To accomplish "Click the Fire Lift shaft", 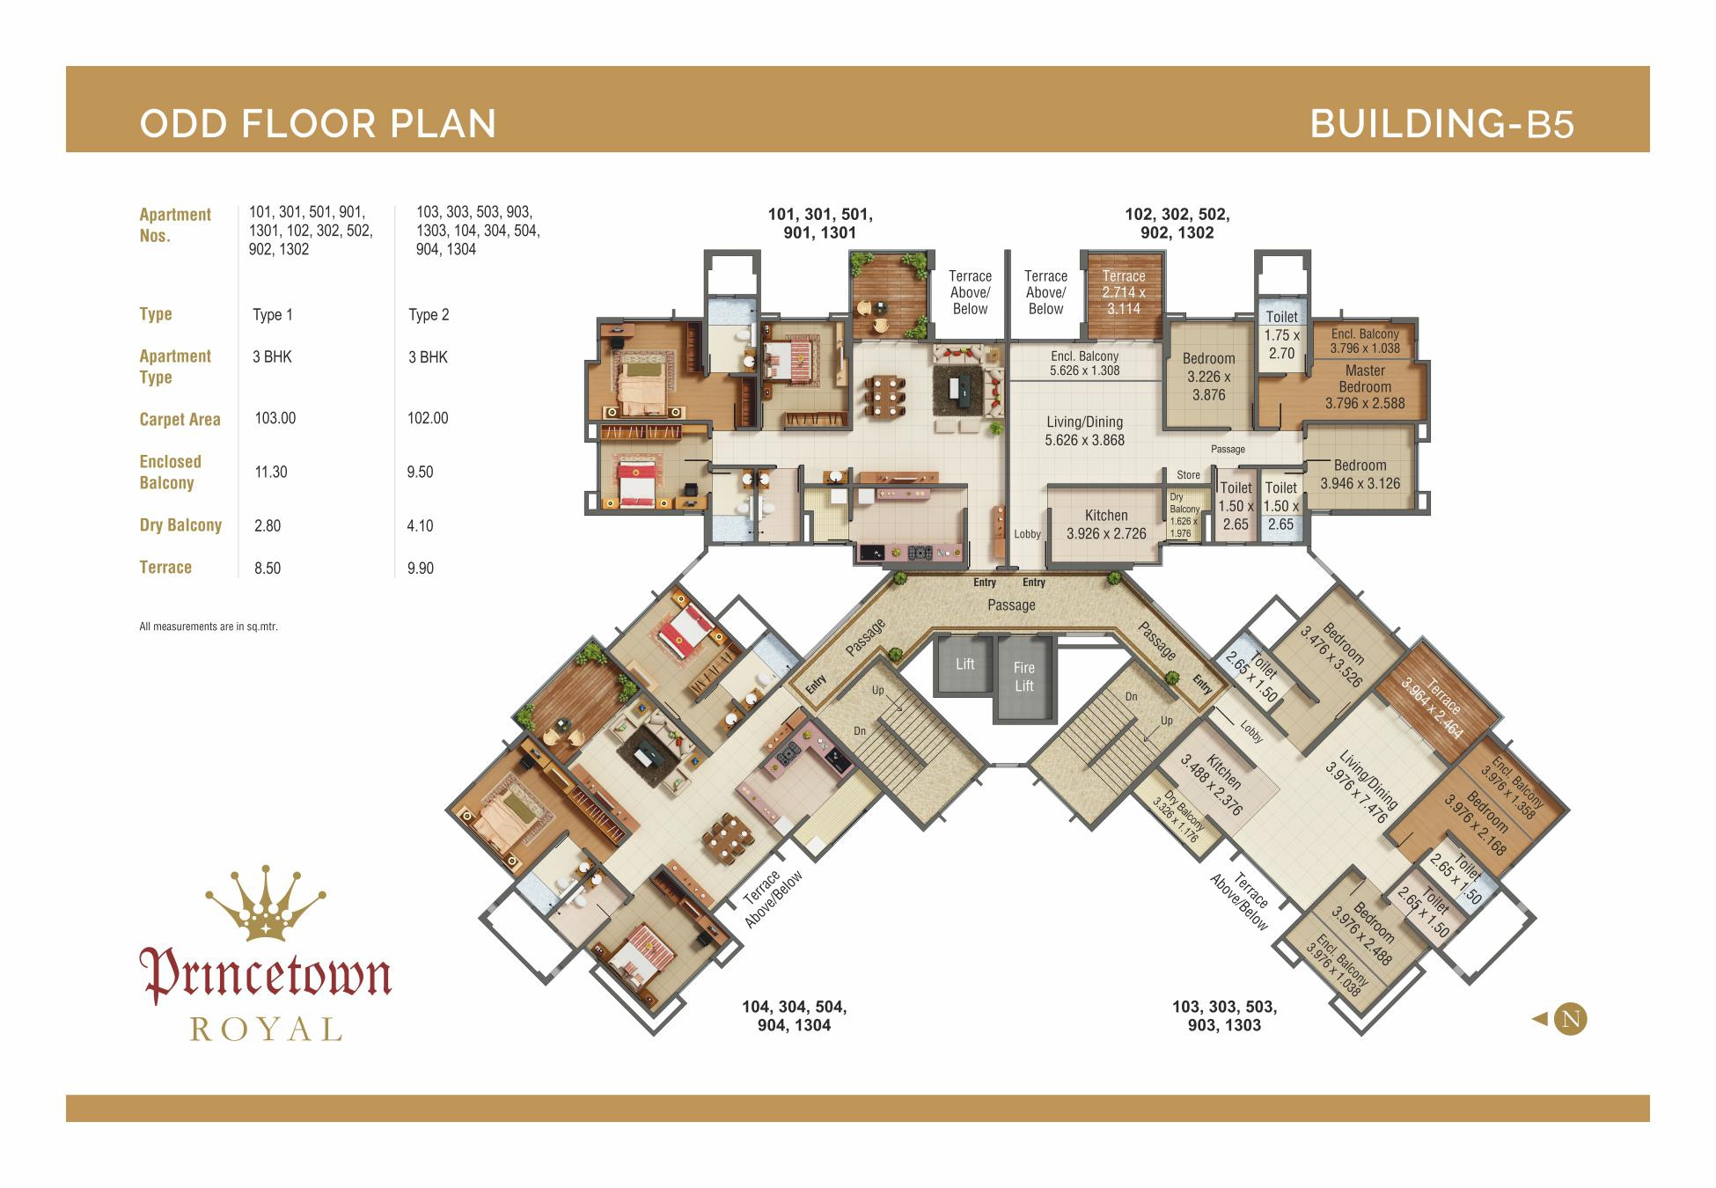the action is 1023,677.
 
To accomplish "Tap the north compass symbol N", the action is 1571,1019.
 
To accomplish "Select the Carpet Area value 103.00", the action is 275,418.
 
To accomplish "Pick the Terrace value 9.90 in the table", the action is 421,568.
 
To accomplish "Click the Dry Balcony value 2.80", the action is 268,525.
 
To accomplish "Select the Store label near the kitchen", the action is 1188,475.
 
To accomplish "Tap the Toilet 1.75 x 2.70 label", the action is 1281,334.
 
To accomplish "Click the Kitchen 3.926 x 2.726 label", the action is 1106,524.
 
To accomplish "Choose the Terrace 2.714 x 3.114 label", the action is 1124,292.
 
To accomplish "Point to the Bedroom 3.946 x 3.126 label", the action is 1360,474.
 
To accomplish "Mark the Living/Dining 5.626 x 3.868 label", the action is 1084,431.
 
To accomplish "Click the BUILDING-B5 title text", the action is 1442,124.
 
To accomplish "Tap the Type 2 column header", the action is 429,315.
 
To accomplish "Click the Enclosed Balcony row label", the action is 171,473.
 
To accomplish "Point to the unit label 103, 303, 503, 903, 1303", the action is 1224,1016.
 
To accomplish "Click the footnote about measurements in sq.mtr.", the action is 209,627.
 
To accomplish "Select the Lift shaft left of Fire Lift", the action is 964,664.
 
